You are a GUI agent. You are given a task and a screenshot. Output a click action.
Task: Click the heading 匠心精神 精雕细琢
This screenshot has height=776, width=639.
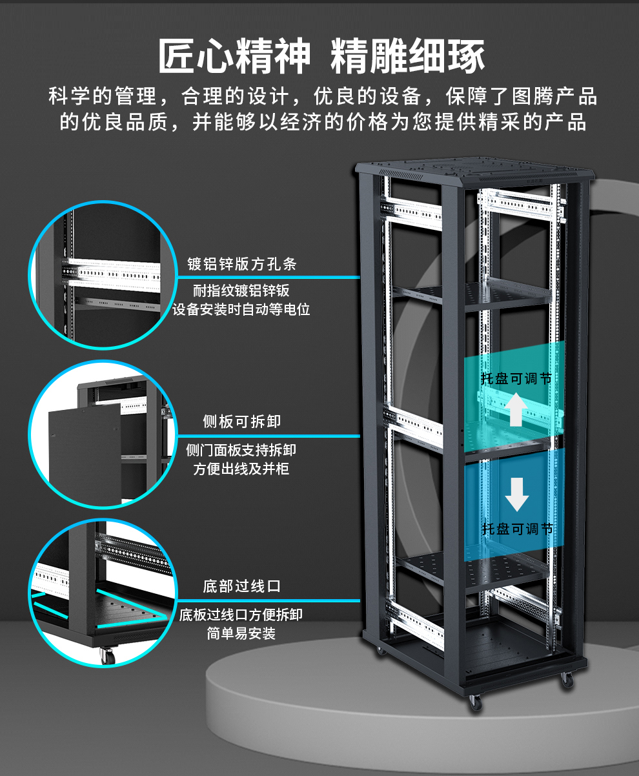click(x=321, y=56)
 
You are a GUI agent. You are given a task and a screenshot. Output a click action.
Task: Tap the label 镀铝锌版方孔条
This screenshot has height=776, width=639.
click(x=241, y=264)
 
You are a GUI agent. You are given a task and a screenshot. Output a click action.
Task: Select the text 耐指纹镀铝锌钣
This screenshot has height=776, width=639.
click(x=241, y=291)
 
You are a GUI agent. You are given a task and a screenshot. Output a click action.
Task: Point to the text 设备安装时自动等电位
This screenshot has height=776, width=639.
click(x=241, y=309)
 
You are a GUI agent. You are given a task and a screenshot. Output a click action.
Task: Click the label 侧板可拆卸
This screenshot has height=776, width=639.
click(x=241, y=422)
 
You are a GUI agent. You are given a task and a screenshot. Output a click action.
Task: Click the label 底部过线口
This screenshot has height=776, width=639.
click(x=241, y=587)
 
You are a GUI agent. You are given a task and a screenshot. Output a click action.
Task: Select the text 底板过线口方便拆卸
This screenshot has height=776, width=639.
click(x=241, y=615)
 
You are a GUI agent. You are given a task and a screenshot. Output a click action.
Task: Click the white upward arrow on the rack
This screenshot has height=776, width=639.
click(x=516, y=411)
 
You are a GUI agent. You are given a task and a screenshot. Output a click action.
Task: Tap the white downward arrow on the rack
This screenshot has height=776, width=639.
click(x=516, y=495)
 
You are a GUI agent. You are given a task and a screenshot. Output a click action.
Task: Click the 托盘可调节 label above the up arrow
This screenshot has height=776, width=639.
click(x=516, y=379)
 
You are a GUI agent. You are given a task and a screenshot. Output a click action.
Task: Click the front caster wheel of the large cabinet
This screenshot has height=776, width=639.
click(x=475, y=702)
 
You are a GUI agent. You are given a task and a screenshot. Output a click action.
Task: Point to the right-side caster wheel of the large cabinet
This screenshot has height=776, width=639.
click(x=567, y=680)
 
